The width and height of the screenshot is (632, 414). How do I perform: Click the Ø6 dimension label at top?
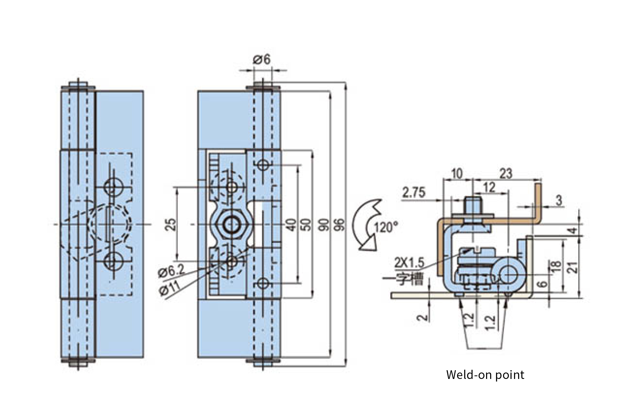(x=262, y=60)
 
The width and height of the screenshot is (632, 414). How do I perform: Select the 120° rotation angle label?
(x=386, y=227)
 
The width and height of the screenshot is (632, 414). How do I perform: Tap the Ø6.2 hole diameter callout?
(x=172, y=271)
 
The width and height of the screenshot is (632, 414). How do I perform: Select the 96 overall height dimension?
(x=340, y=224)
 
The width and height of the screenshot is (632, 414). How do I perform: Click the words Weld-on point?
(x=485, y=375)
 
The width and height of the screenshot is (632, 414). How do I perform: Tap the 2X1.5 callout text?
(x=409, y=263)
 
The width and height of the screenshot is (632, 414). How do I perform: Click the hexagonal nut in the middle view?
(x=231, y=224)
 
